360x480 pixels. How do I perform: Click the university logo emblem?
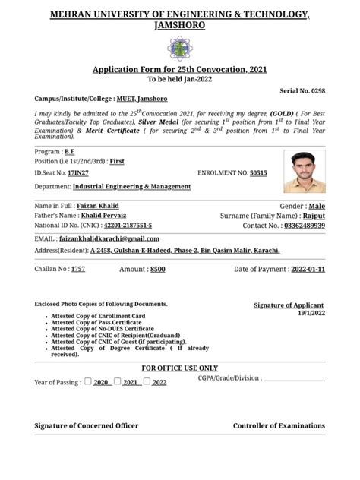coord(180,48)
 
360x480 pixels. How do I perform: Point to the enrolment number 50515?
coord(259,173)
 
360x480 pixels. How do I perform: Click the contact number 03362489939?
coord(304,226)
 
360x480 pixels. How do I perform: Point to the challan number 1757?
coord(78,270)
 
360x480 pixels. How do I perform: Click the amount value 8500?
coord(158,270)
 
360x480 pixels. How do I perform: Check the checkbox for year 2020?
coord(88,381)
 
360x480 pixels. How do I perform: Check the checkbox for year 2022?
coord(147,381)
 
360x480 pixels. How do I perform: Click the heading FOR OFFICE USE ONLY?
coord(180,368)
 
